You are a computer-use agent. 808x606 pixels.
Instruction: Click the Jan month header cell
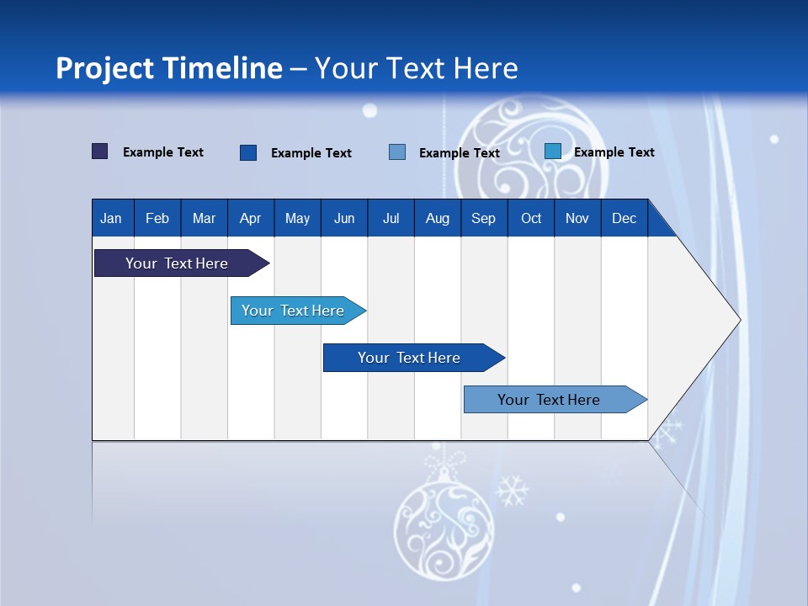(112, 218)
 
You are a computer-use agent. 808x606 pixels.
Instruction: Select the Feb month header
(157, 218)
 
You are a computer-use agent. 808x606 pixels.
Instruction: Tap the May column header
(297, 218)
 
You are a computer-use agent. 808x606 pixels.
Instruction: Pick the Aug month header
(437, 218)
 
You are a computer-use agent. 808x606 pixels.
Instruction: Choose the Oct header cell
(531, 218)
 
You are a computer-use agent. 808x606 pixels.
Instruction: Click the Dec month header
(624, 218)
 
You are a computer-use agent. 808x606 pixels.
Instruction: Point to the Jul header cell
(391, 218)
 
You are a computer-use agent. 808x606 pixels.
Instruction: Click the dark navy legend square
(100, 151)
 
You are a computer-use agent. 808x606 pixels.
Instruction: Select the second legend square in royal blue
(248, 152)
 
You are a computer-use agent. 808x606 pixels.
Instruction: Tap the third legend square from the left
(397, 152)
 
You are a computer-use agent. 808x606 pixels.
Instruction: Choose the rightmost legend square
(553, 151)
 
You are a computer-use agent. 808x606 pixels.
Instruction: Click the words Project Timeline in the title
(169, 68)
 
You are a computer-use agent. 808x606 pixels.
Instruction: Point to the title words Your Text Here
(416, 68)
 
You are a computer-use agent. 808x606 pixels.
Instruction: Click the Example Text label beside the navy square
(163, 152)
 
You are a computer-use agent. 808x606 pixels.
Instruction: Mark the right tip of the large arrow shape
(739, 320)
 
